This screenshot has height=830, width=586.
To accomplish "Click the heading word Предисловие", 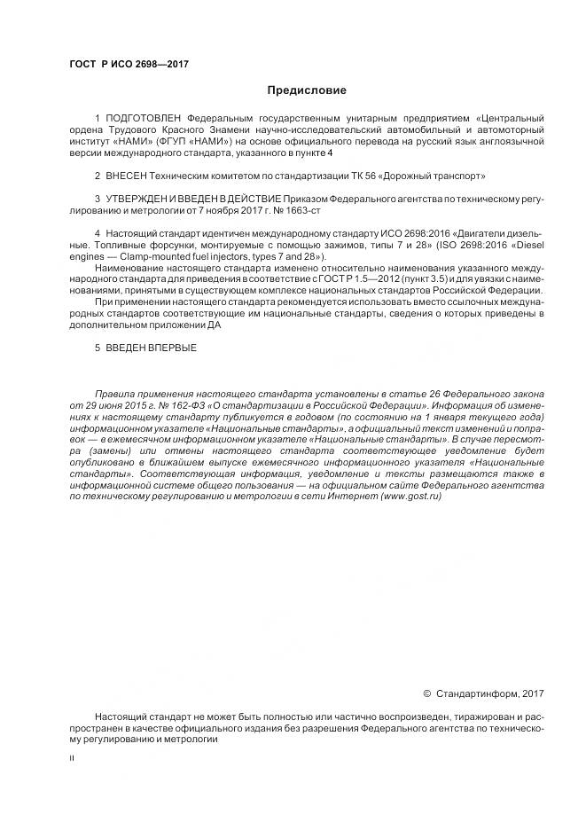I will pyautogui.click(x=307, y=90).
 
